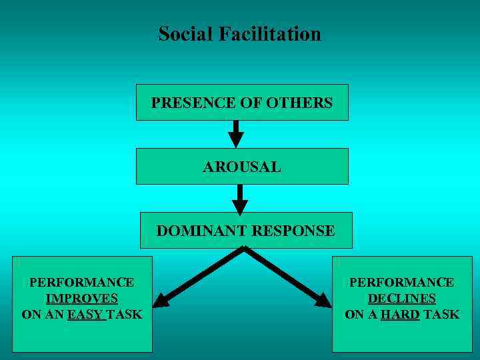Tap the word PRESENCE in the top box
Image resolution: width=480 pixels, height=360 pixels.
184,103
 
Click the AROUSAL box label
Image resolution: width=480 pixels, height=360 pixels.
242,167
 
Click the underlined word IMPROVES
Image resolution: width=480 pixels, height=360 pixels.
82,298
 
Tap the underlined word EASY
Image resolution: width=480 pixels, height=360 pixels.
85,314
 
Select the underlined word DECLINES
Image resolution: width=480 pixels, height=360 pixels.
402,298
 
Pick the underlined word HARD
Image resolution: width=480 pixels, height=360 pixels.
400,314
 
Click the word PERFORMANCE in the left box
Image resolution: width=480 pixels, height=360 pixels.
82,282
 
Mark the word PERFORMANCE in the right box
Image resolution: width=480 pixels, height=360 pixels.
402,282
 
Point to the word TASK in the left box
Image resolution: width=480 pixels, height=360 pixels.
125,314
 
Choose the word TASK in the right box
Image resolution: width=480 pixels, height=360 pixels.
441,314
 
